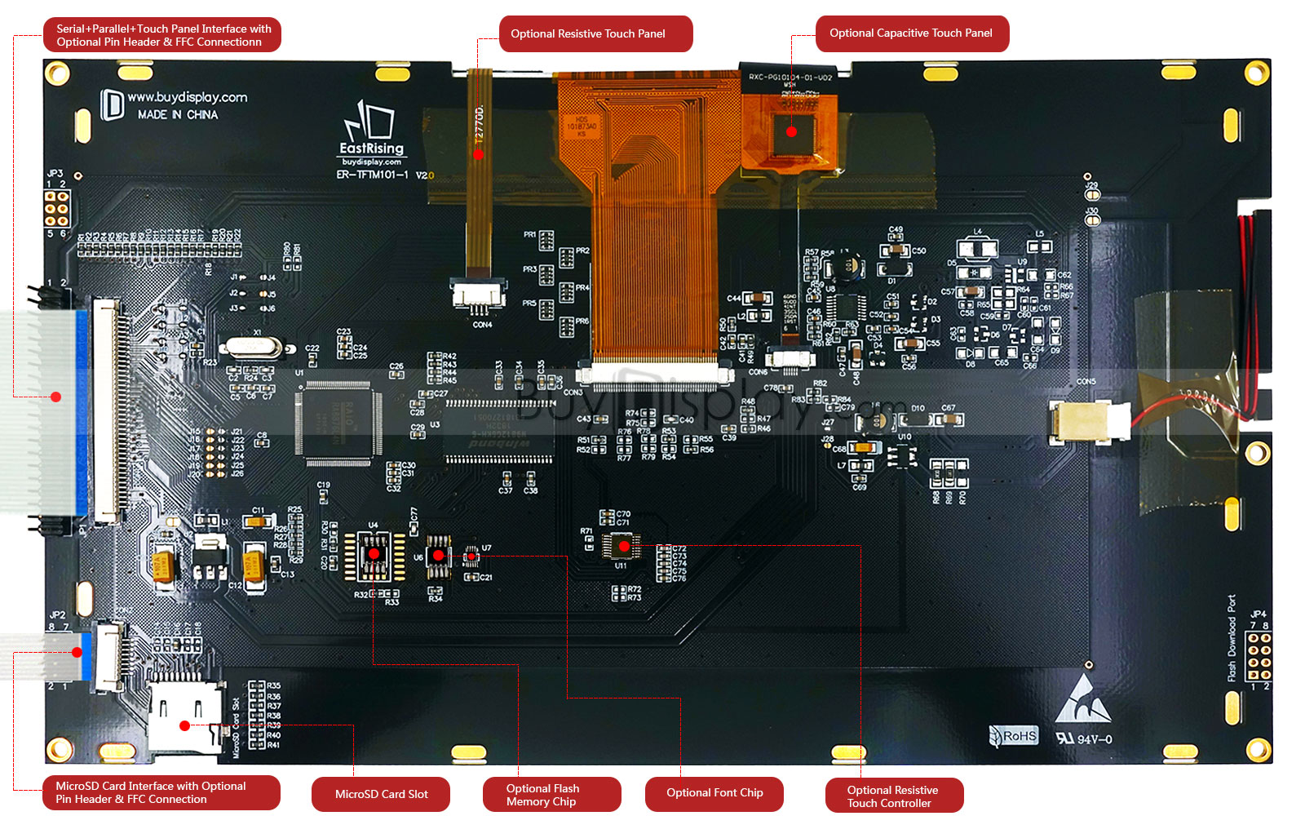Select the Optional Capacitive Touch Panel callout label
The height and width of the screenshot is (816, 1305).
(x=912, y=33)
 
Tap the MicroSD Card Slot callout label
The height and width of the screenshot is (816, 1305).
(x=381, y=794)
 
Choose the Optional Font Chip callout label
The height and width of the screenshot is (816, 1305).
(x=714, y=793)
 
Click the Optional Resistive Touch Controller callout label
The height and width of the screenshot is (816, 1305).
(x=894, y=796)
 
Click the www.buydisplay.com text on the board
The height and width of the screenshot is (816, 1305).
(x=188, y=98)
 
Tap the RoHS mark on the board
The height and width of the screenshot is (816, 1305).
(x=1014, y=736)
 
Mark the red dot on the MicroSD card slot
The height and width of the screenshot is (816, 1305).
(x=185, y=725)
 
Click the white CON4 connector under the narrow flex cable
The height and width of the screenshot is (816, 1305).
(x=480, y=295)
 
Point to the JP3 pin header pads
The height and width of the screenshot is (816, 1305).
(x=56, y=209)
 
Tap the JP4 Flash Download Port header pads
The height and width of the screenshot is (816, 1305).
(x=1259, y=656)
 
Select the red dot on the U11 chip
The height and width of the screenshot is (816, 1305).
(x=624, y=546)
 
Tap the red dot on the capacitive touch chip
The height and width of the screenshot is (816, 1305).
(x=791, y=131)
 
